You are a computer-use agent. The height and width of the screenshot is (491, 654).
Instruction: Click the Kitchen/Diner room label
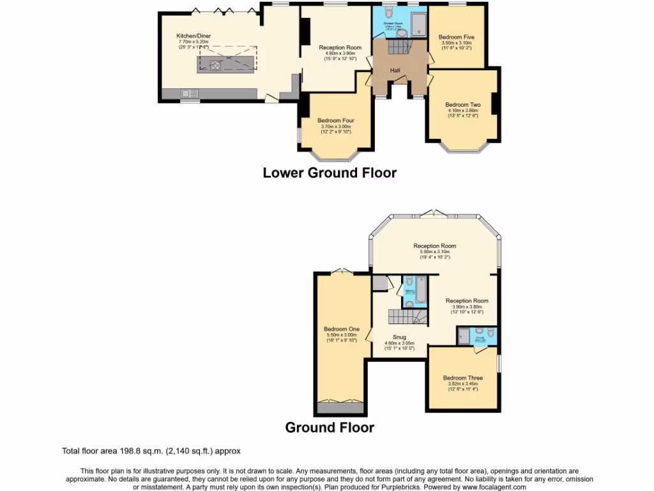[x=194, y=36]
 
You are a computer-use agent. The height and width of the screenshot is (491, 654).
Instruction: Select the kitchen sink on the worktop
[x=190, y=93]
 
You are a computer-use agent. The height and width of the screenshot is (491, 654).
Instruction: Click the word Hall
[x=395, y=70]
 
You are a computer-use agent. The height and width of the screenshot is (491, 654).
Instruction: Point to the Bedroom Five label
[x=456, y=37]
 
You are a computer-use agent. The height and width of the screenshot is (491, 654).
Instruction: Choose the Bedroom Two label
[x=463, y=104]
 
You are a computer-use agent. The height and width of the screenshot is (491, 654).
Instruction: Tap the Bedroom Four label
[x=336, y=120]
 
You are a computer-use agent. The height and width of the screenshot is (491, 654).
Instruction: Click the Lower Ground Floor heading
[x=330, y=173]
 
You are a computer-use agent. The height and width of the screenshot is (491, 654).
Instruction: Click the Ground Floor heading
[x=330, y=427]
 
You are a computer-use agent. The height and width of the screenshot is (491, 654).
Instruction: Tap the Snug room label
[x=400, y=337]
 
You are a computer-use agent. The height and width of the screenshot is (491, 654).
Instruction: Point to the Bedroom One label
[x=341, y=329]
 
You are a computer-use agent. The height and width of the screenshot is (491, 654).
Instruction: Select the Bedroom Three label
[x=463, y=378]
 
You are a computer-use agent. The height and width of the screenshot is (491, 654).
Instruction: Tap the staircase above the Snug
[x=403, y=316]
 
